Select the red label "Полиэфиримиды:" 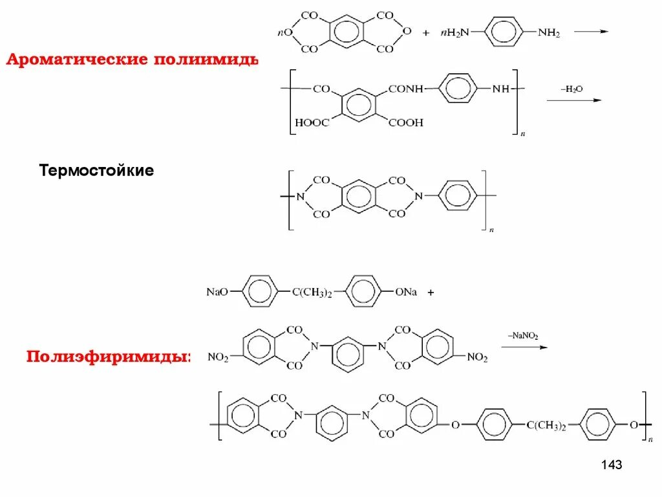[x=109, y=357]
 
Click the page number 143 [x=611, y=465]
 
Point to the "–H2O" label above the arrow [x=564, y=89]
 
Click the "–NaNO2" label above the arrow [x=523, y=335]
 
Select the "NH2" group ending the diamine [x=549, y=33]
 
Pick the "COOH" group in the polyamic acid [x=405, y=122]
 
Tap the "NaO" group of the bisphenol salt [x=217, y=292]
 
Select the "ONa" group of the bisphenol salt [x=406, y=292]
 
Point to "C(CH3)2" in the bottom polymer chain [x=546, y=425]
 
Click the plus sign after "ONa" [x=431, y=293]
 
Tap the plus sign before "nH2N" [x=426, y=33]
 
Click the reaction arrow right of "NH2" [x=592, y=31]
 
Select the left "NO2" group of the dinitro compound [x=218, y=357]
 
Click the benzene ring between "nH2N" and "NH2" [x=503, y=32]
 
